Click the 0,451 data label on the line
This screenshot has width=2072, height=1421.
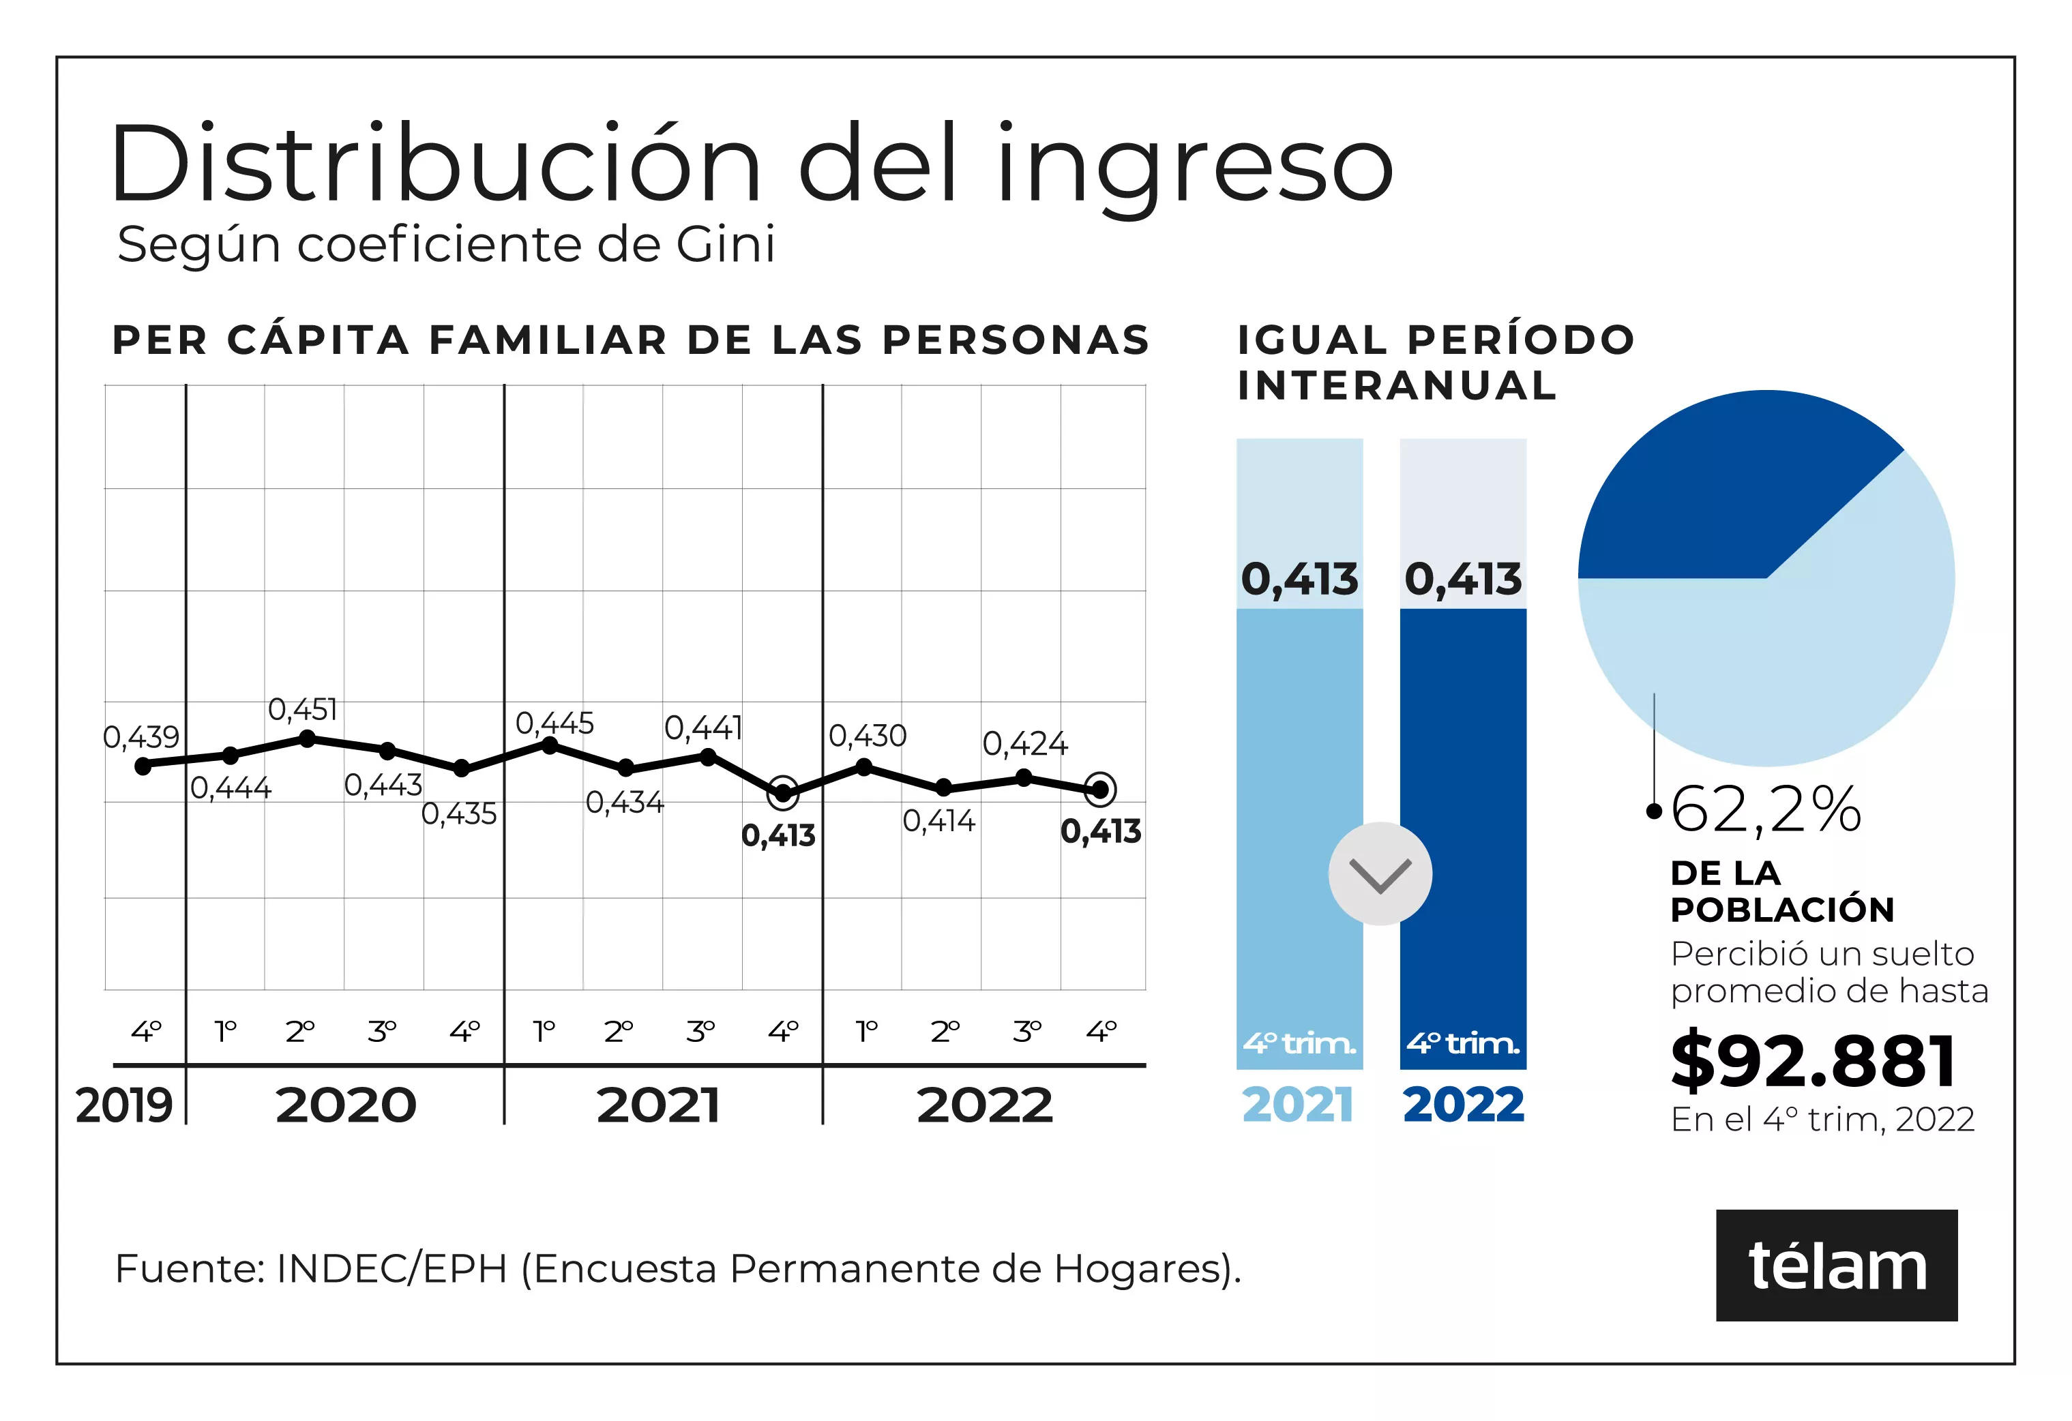click(303, 710)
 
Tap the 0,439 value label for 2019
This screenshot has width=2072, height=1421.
click(141, 737)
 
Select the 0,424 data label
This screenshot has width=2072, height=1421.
click(1024, 743)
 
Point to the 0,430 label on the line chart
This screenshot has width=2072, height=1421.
click(868, 736)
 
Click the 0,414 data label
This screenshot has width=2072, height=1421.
click(939, 821)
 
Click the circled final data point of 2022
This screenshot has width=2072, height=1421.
click(1100, 790)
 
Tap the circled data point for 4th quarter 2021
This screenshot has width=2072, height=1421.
click(783, 792)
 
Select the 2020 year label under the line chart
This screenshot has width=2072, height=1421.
click(346, 1105)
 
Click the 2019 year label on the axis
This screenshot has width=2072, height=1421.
click(124, 1105)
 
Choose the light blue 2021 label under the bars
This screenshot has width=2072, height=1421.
click(1298, 1105)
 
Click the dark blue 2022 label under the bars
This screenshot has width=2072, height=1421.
click(1463, 1105)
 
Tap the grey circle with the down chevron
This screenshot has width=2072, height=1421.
click(1380, 873)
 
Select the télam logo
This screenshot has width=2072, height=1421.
click(1837, 1266)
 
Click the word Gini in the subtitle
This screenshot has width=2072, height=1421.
click(726, 244)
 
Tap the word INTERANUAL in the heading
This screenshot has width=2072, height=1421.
click(1396, 386)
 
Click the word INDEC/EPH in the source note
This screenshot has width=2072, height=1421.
click(391, 1268)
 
